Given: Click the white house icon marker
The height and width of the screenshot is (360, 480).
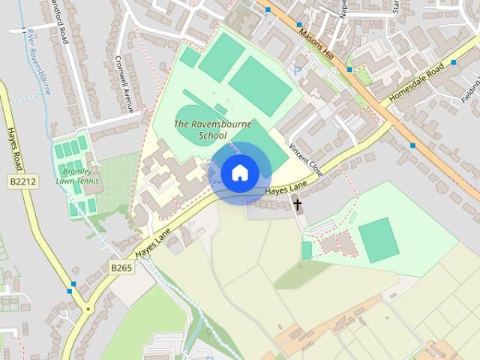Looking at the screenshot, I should tap(239, 173).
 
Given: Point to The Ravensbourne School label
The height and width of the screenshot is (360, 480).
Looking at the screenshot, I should tap(201, 130).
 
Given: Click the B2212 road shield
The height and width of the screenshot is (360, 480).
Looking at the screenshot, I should tap(23, 182).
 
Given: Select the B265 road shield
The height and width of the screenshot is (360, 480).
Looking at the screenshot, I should tap(121, 266).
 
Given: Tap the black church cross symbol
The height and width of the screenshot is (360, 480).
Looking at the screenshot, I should tap(297, 204).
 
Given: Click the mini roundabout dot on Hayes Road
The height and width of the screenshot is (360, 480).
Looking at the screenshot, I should tap(88, 308).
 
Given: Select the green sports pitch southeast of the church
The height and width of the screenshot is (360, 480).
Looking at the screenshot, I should tap(379, 240).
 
